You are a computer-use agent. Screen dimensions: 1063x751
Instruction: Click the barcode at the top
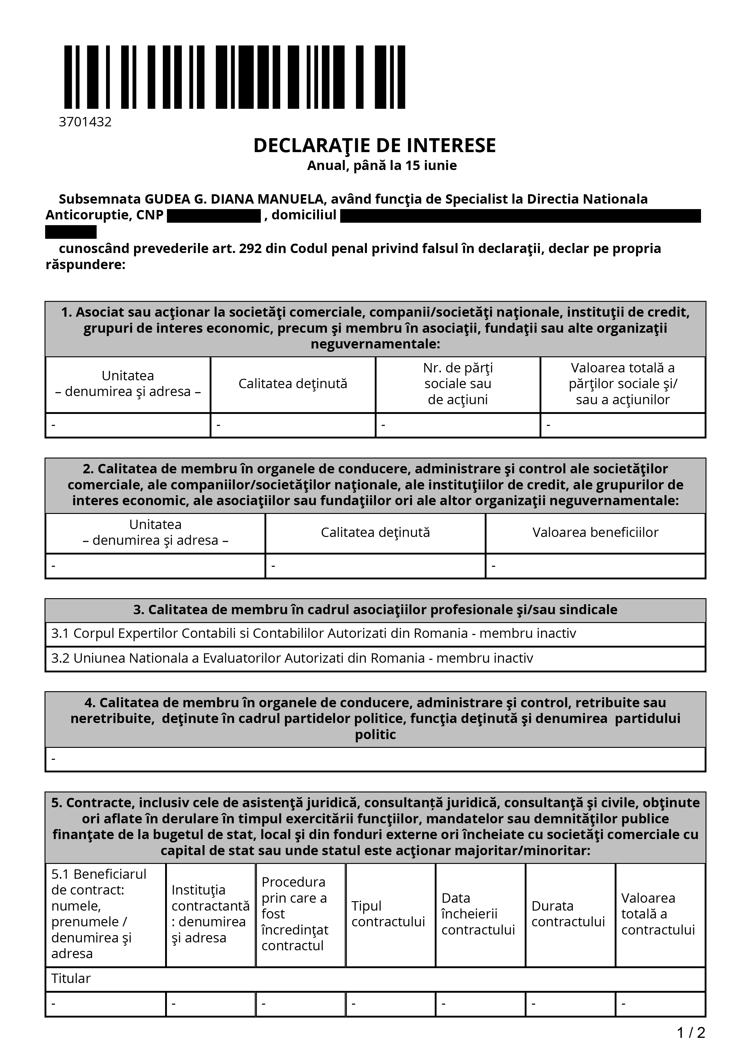click(234, 77)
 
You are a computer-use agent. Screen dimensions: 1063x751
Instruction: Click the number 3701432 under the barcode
click(85, 122)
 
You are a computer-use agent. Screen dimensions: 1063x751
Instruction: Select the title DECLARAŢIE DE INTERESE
click(374, 145)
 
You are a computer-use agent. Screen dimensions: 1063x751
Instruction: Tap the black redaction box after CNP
click(214, 216)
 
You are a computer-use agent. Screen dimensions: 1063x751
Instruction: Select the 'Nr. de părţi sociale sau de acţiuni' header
click(458, 384)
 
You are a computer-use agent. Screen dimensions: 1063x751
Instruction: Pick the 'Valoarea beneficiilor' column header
click(595, 532)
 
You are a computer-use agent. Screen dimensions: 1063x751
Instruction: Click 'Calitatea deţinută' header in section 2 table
click(375, 532)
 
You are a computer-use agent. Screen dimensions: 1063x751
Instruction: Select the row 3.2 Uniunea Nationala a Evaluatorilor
click(292, 658)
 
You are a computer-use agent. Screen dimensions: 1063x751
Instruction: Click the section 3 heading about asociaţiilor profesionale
click(375, 610)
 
